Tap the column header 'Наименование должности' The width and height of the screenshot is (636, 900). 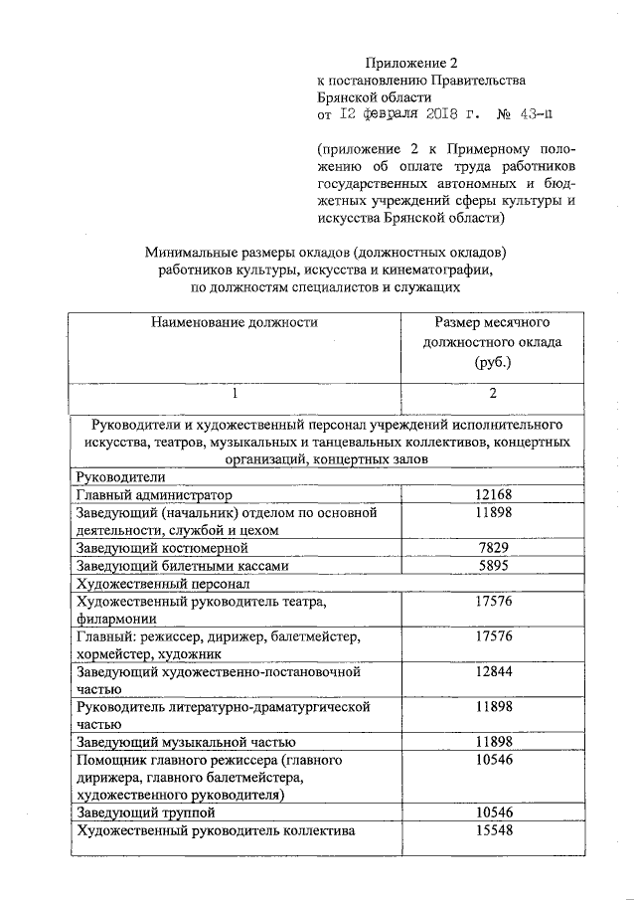tap(235, 322)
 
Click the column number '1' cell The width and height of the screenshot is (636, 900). tap(235, 394)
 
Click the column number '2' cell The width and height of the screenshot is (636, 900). tap(492, 394)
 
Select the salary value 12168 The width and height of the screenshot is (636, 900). tap(493, 494)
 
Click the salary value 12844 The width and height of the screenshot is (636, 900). tap(493, 672)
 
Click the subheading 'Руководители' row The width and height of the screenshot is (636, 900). tap(117, 476)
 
